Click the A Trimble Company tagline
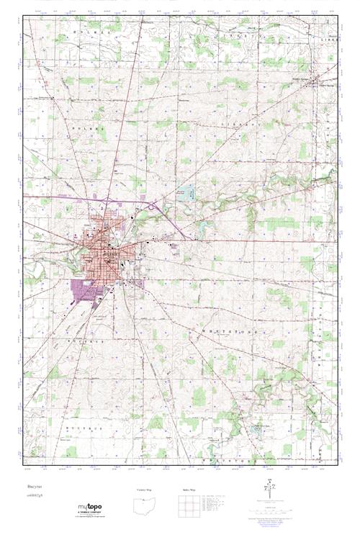click(x=95, y=514)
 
